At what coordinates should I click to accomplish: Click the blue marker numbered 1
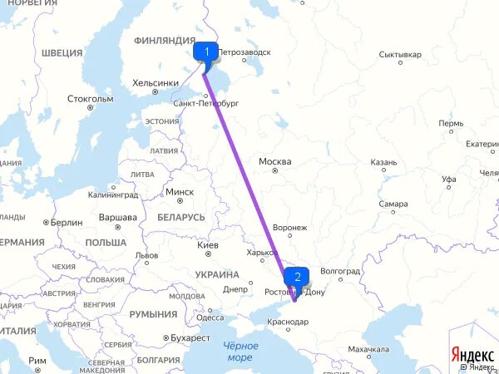pos(205,52)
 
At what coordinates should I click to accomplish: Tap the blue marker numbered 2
pos(297,277)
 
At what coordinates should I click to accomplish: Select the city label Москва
pos(275,160)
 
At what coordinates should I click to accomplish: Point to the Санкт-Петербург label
pos(206,103)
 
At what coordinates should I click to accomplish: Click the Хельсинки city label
pos(156,83)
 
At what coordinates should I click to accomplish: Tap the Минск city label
pos(180,192)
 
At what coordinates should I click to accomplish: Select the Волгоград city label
pos(339,271)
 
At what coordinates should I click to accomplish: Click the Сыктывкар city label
pos(400,55)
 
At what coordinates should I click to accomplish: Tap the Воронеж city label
pos(289,227)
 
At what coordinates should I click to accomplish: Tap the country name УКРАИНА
pos(217,274)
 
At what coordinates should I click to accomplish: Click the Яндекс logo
pos(472,352)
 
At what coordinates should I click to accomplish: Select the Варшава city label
pos(117,218)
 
